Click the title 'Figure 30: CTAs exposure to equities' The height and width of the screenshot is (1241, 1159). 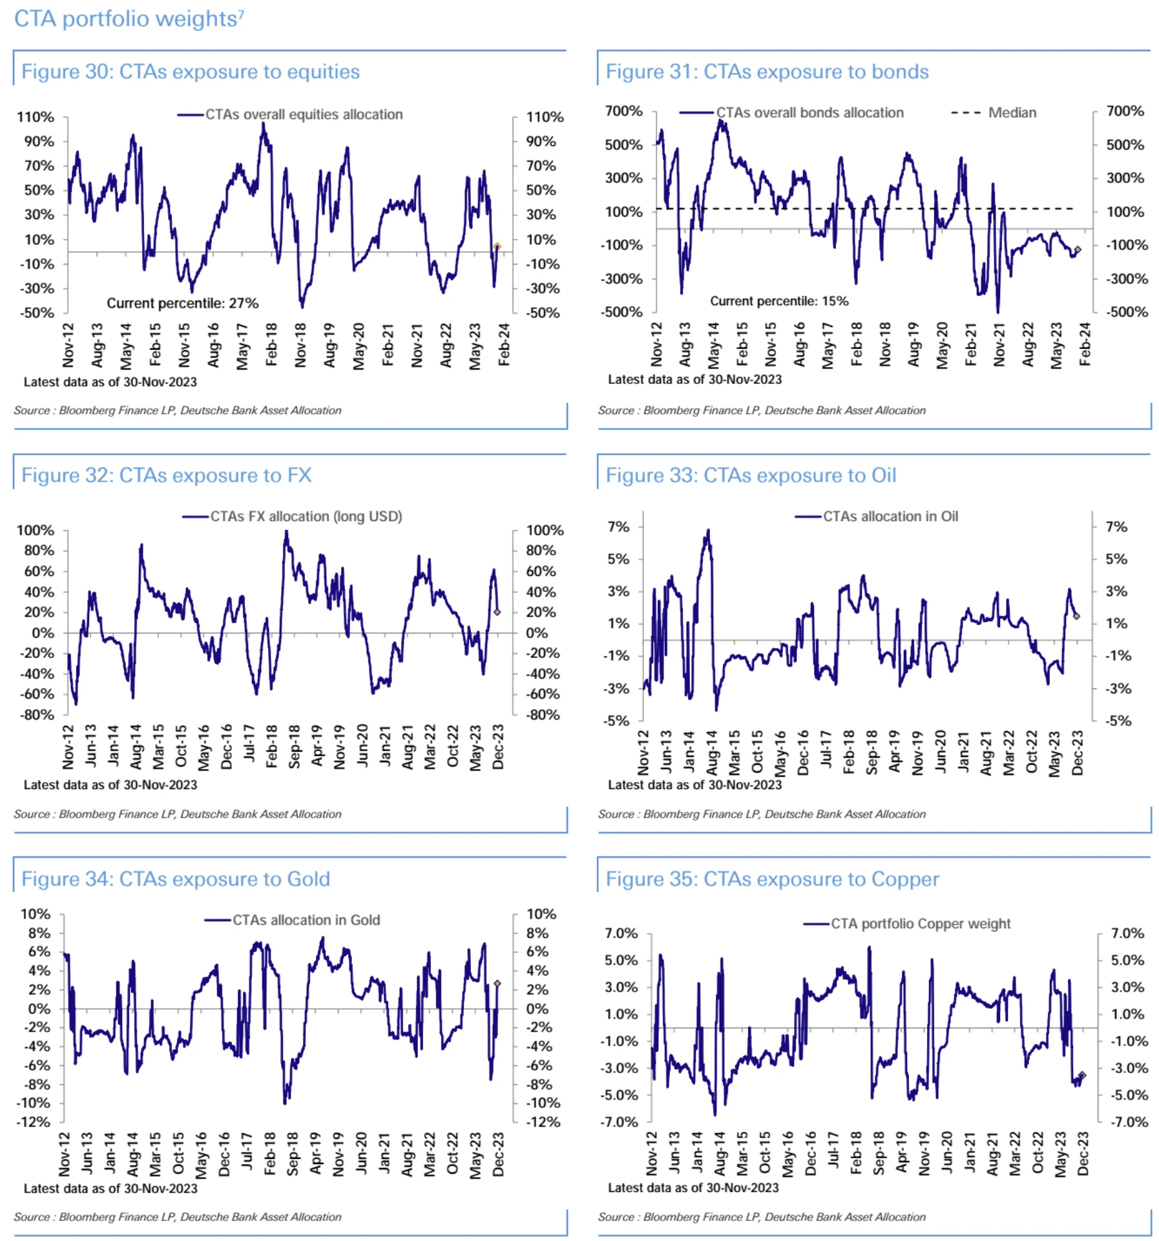pyautogui.click(x=191, y=71)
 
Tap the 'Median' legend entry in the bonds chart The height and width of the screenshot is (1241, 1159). pyautogui.click(x=1012, y=112)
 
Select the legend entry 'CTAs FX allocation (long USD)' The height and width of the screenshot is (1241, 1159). pyautogui.click(x=306, y=516)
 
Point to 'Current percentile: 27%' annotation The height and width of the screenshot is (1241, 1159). pyautogui.click(x=182, y=303)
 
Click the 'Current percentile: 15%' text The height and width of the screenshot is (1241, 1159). pyautogui.click(x=779, y=301)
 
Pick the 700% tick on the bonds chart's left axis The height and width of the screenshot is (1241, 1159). pyautogui.click(x=623, y=111)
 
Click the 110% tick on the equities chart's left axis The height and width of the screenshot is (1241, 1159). pyautogui.click(x=36, y=117)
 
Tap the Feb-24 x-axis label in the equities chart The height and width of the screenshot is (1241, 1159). pyautogui.click(x=504, y=345)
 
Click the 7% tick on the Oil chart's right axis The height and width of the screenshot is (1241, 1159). pyautogui.click(x=1116, y=527)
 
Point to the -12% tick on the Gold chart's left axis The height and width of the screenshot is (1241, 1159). pyautogui.click(x=33, y=1122)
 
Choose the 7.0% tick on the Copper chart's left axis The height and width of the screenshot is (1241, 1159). pyautogui.click(x=621, y=933)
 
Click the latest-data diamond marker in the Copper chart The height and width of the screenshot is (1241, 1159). pyautogui.click(x=1083, y=1075)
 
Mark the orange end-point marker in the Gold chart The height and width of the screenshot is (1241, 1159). pyautogui.click(x=497, y=983)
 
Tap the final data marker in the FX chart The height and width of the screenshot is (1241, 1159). pyautogui.click(x=497, y=611)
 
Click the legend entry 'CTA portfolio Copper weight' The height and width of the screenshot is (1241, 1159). pyautogui.click(x=920, y=924)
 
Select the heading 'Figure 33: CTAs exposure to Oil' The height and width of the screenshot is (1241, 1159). pyautogui.click(x=751, y=475)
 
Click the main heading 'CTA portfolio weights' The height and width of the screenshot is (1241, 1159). pyautogui.click(x=125, y=19)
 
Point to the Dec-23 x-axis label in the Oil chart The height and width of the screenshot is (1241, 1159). pyautogui.click(x=1078, y=752)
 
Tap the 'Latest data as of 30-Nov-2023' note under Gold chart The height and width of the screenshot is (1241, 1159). pyautogui.click(x=110, y=1188)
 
